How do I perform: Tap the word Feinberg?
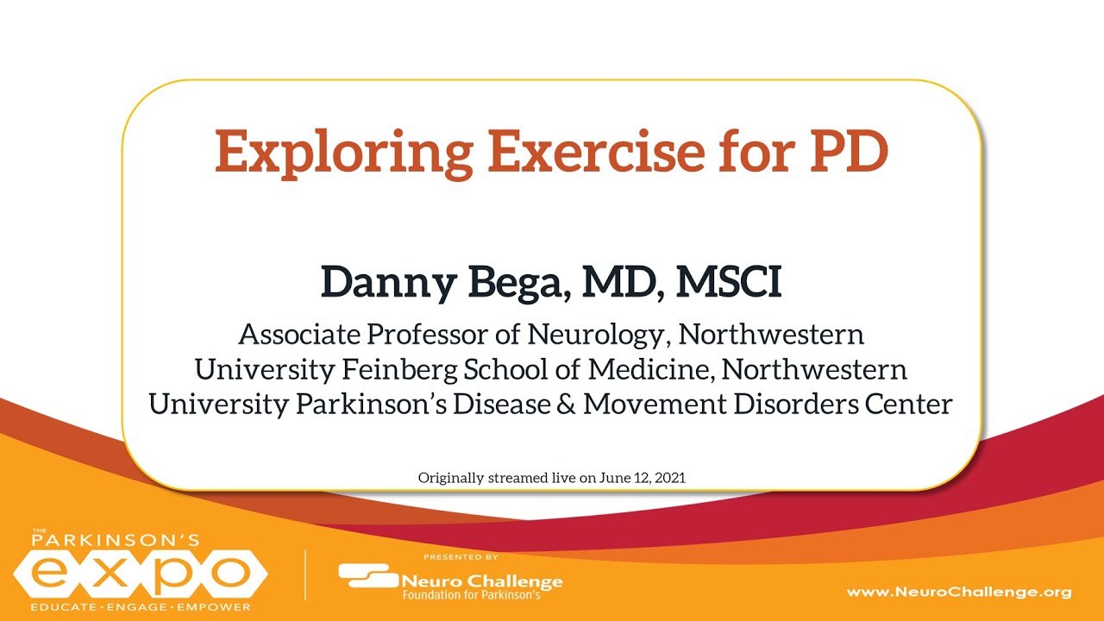398,369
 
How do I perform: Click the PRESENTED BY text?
461,557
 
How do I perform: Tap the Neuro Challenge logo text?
481,581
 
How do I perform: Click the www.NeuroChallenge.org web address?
958,593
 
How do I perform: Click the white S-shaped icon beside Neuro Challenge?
368,575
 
